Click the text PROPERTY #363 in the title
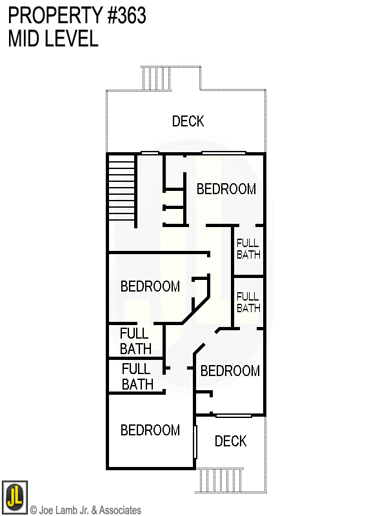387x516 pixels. coord(77,15)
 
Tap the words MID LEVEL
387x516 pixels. coord(53,39)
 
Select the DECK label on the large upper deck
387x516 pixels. coord(188,121)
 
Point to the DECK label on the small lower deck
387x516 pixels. coord(230,441)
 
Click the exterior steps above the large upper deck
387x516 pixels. coord(156,79)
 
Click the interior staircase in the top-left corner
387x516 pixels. coord(121,187)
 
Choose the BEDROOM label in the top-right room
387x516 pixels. coord(226,189)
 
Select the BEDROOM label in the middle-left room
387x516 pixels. coord(150,286)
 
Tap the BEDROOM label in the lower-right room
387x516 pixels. coord(230,371)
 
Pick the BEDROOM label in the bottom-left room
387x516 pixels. coord(150,430)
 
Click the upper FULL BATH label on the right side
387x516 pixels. coord(248,249)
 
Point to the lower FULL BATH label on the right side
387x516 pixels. coord(248,303)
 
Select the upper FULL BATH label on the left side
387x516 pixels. coord(135,341)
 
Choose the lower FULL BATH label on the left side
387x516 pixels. coord(137,377)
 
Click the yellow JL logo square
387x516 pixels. coord(14,497)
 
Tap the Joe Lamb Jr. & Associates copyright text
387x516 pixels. coord(85,510)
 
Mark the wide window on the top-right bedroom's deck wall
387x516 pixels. coord(223,153)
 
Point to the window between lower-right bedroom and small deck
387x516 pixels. coord(233,415)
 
